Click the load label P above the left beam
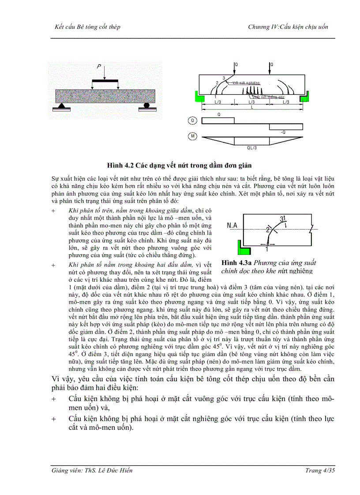click(99, 67)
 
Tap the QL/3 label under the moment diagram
click(251, 148)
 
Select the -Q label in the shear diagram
click(283, 132)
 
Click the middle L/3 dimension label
click(252, 102)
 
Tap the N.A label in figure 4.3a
click(232, 226)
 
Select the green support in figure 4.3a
click(243, 249)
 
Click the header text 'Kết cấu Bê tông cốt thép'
click(86, 27)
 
